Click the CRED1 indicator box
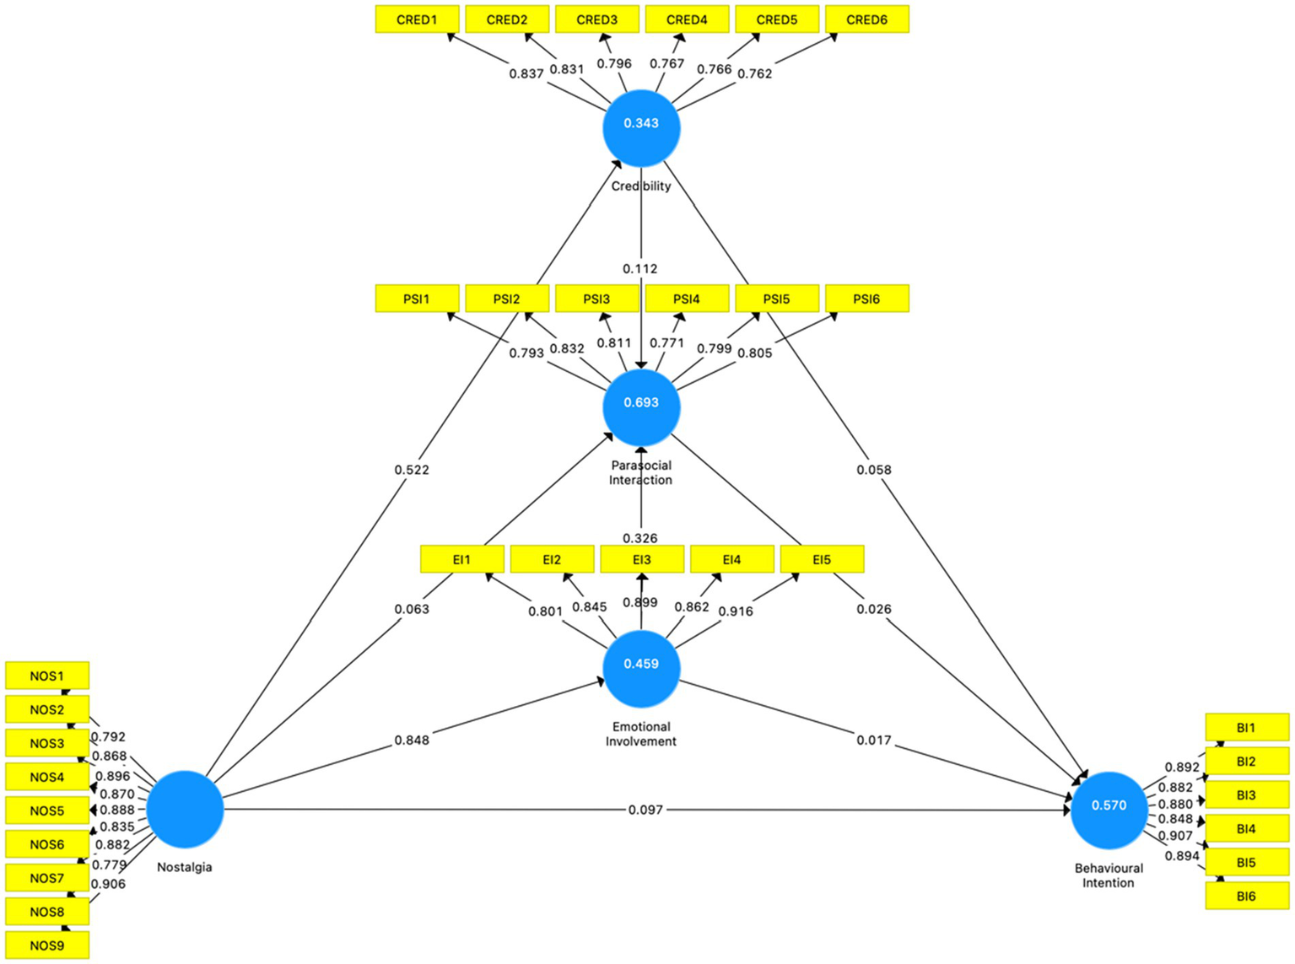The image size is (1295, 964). pyautogui.click(x=417, y=19)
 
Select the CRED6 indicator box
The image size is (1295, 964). pyautogui.click(x=866, y=19)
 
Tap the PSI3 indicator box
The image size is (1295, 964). pyautogui.click(x=596, y=299)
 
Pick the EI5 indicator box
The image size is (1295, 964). pyautogui.click(x=822, y=559)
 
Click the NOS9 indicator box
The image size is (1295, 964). pyautogui.click(x=47, y=945)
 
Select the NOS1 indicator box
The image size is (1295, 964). pyautogui.click(x=47, y=676)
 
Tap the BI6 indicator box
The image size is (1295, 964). pyautogui.click(x=1246, y=896)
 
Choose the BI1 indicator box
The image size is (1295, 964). pyautogui.click(x=1246, y=727)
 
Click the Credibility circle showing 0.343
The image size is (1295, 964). pyautogui.click(x=641, y=127)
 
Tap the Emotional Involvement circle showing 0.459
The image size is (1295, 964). pyautogui.click(x=641, y=668)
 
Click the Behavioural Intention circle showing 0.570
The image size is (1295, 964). pyautogui.click(x=1109, y=810)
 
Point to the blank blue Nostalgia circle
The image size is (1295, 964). pyautogui.click(x=185, y=809)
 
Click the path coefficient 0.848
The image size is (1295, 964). pyautogui.click(x=412, y=740)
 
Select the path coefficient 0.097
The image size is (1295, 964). pyautogui.click(x=645, y=810)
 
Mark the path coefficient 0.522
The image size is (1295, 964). pyautogui.click(x=412, y=470)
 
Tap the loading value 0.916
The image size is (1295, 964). pyautogui.click(x=736, y=611)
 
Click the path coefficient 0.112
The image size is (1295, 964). pyautogui.click(x=640, y=268)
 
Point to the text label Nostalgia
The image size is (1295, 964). pyautogui.click(x=185, y=867)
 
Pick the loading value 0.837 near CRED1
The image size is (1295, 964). pyautogui.click(x=526, y=73)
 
